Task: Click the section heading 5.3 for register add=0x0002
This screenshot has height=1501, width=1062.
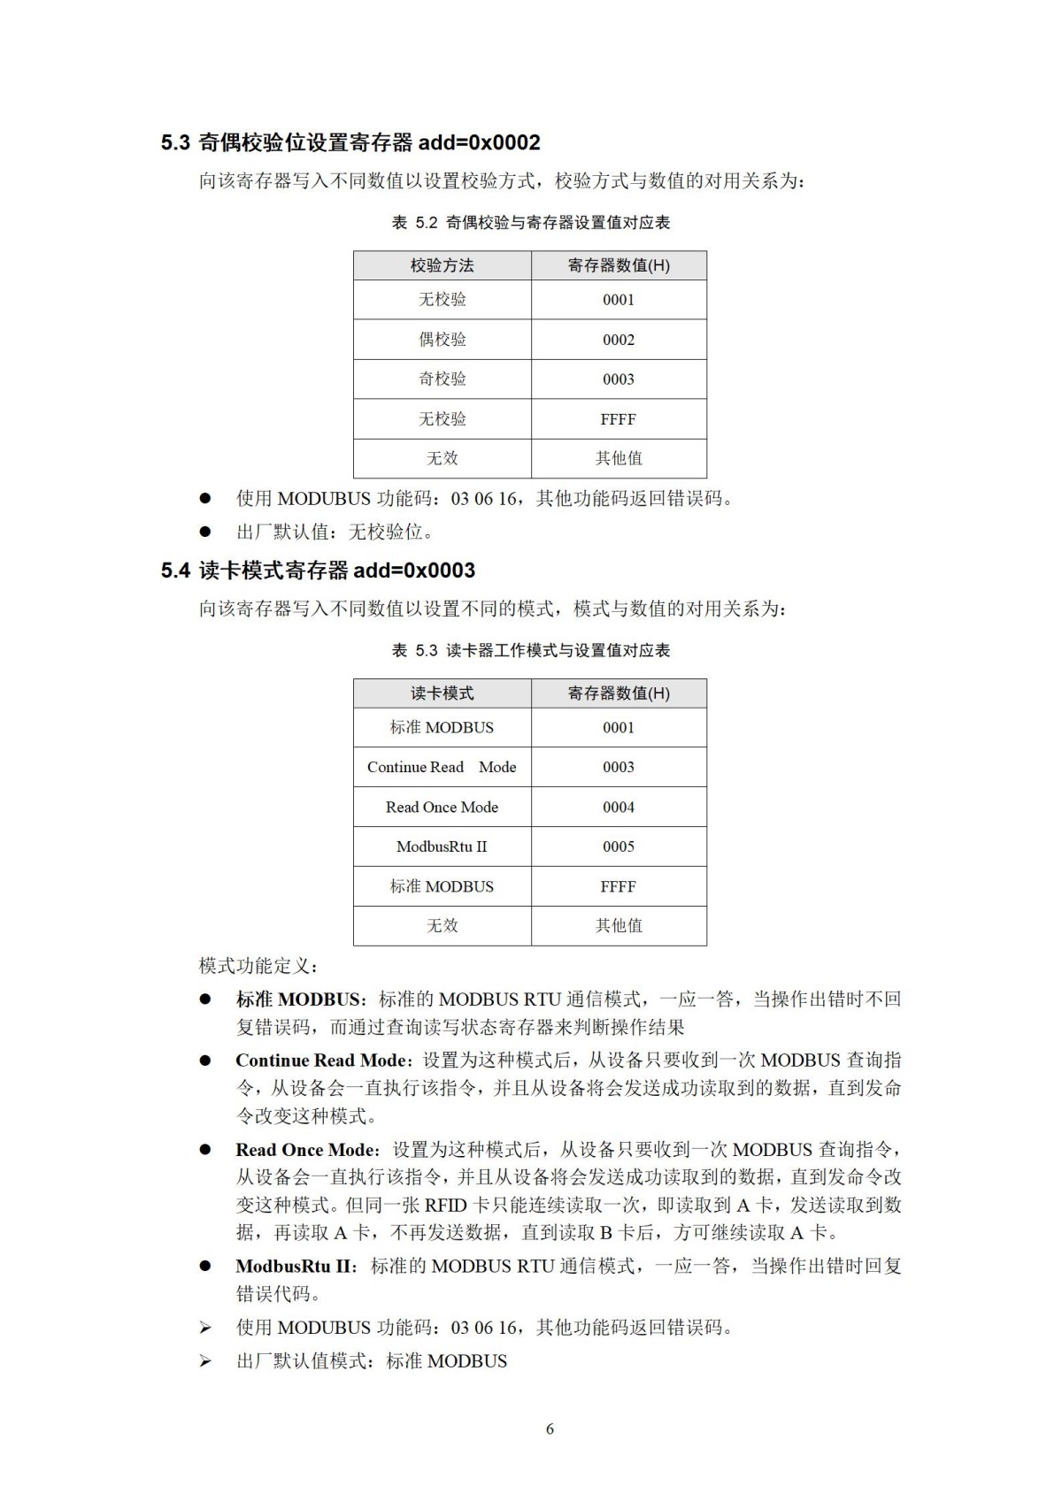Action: [x=350, y=142]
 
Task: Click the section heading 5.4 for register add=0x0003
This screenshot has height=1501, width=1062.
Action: [x=318, y=571]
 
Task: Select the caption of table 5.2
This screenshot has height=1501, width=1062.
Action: [x=530, y=223]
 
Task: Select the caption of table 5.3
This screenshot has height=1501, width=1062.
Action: [x=530, y=651]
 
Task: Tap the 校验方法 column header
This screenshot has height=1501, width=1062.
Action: [x=442, y=265]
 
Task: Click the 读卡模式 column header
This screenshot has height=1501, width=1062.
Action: [x=442, y=693]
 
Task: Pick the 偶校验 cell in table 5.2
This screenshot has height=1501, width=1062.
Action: [x=442, y=340]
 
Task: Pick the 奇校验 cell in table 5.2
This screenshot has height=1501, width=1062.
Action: [x=442, y=379]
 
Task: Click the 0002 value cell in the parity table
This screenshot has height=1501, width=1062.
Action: [x=619, y=340]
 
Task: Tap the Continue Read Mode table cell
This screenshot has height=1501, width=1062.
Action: [x=442, y=768]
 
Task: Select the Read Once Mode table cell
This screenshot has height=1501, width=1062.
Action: [x=442, y=808]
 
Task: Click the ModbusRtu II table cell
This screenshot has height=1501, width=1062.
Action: [x=442, y=846]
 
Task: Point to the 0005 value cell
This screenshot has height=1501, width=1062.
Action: [x=619, y=846]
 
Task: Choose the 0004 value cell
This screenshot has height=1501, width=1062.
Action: [x=619, y=808]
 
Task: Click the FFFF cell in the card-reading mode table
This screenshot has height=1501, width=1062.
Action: [x=619, y=886]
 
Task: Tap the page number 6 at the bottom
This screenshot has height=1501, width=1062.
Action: [x=550, y=1429]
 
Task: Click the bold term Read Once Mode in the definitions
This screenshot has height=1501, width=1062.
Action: [x=305, y=1150]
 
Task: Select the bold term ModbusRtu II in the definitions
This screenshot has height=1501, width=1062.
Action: [x=294, y=1267]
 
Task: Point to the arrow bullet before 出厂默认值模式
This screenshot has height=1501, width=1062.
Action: [x=205, y=1361]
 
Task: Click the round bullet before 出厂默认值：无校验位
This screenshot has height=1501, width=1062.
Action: [x=205, y=532]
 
